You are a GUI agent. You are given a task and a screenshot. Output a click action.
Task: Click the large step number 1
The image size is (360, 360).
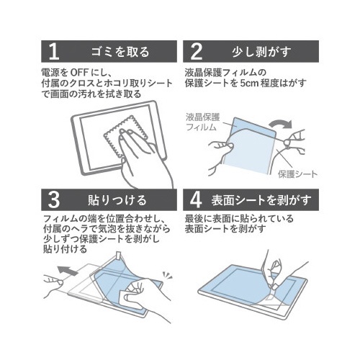(x=54, y=52)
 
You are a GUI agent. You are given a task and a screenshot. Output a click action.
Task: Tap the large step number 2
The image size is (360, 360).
(x=196, y=52)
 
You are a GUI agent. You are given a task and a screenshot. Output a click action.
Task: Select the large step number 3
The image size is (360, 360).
(x=53, y=200)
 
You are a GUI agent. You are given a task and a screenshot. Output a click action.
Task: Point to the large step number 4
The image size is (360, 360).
(x=196, y=200)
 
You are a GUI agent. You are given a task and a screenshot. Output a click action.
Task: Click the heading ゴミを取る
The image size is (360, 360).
(x=120, y=52)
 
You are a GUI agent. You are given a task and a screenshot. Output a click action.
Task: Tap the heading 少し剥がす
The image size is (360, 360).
(x=261, y=52)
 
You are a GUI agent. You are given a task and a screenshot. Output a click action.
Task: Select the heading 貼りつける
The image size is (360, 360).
(x=117, y=200)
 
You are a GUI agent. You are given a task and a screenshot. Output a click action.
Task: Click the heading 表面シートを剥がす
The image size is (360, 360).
(x=261, y=200)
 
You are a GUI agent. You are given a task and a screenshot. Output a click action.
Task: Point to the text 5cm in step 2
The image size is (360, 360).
(x=248, y=83)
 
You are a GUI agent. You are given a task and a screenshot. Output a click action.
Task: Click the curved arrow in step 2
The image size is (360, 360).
(x=280, y=124)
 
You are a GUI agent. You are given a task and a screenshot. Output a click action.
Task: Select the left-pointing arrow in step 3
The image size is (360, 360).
(x=68, y=271)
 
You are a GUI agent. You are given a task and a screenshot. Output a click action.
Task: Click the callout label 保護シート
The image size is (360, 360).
(x=297, y=174)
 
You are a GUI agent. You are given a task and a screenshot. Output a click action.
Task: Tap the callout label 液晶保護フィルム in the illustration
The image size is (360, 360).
(x=203, y=122)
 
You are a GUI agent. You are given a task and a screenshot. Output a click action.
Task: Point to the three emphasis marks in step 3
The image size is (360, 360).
(x=167, y=275)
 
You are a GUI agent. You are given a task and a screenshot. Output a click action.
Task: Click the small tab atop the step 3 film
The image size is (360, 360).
(x=119, y=256)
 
